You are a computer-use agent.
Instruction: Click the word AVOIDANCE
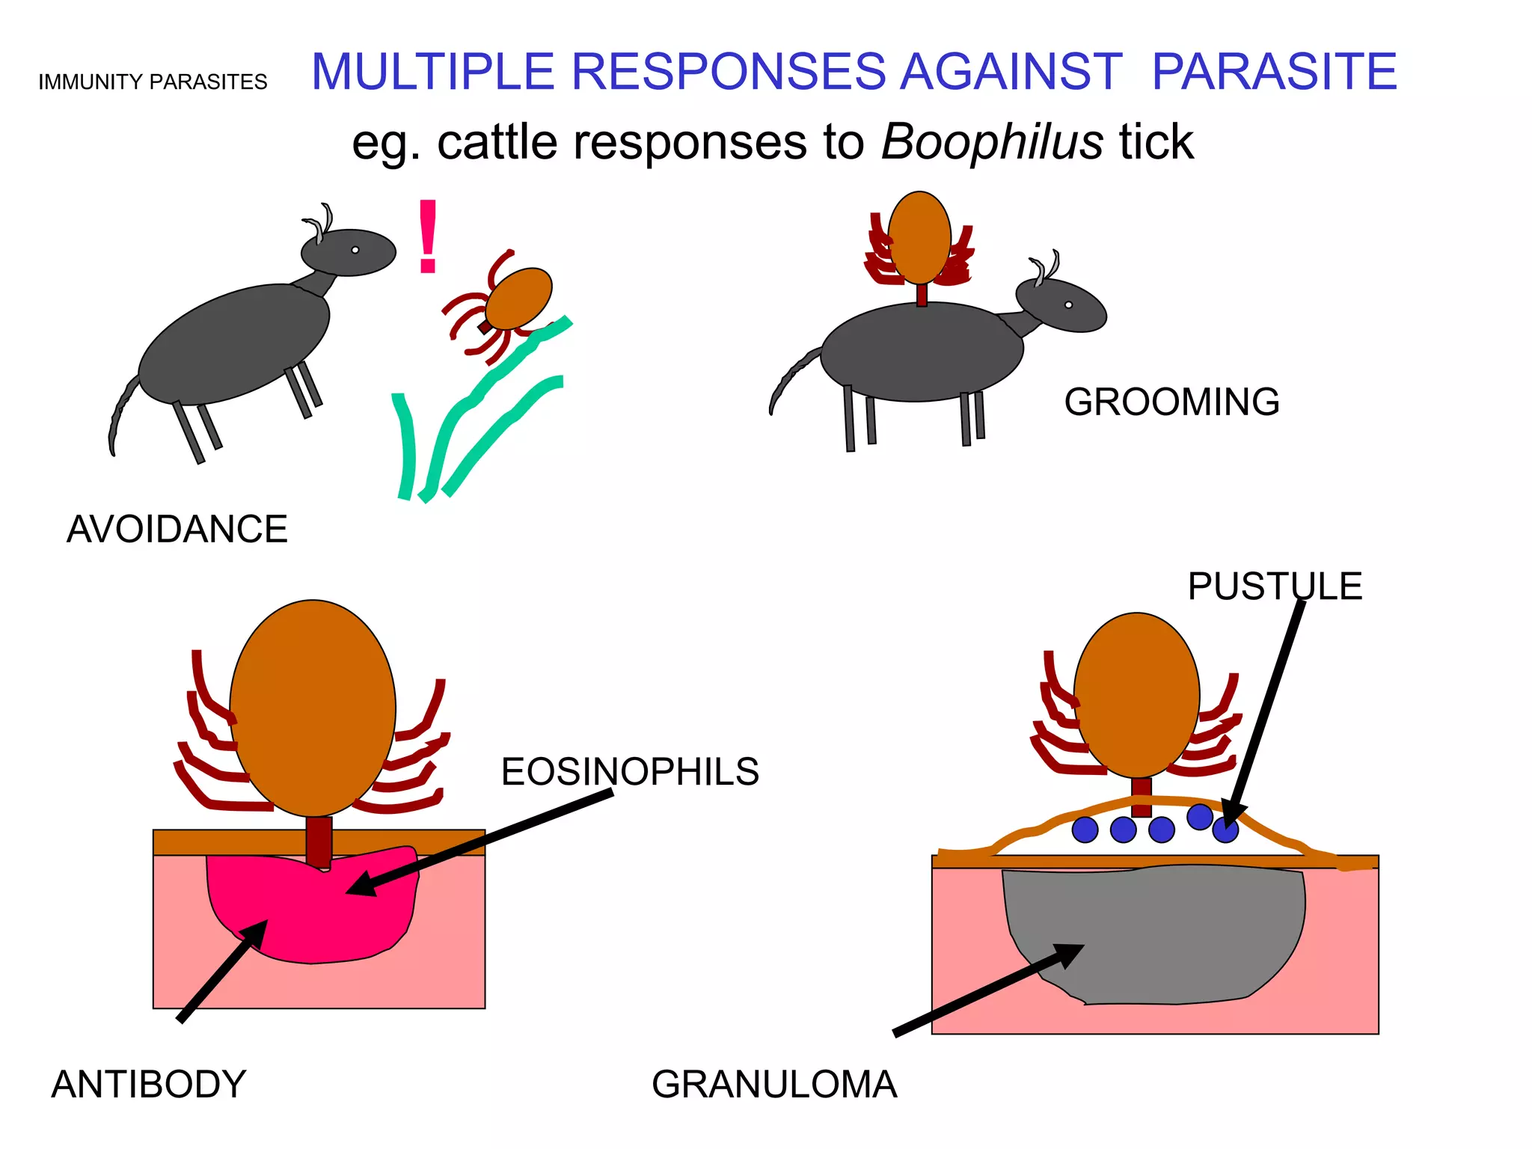pos(177,530)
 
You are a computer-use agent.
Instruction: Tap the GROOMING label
pos(1171,402)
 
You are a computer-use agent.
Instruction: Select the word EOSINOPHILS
pos(630,772)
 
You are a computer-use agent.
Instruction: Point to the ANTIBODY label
pos(148,1084)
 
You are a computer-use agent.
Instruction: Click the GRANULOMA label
pos(774,1084)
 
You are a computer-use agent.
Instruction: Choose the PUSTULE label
pos(1275,586)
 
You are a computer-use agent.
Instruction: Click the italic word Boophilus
pos(992,141)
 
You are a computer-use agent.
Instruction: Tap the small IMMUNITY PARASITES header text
pos(153,82)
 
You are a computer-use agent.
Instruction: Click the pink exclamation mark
pos(428,236)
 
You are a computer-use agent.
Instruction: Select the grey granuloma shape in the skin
pos(1167,935)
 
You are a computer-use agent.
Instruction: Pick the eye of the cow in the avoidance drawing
pos(355,250)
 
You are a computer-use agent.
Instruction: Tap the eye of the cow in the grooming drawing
pos(1068,304)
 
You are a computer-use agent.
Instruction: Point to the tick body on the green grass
pos(519,298)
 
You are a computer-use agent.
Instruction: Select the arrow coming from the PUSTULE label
pos(1264,711)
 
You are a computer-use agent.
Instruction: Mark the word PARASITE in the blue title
pos(1274,72)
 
